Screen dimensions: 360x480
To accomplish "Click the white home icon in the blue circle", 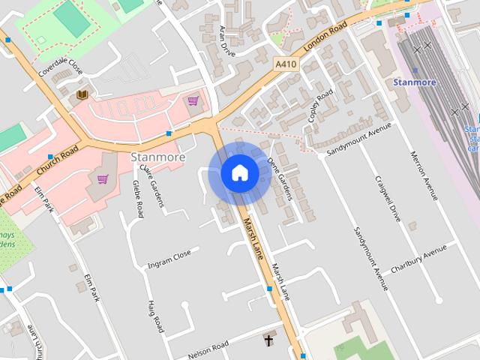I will click(240, 173).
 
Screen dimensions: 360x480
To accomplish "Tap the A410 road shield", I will click(286, 65).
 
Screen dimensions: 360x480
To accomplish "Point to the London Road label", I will click(325, 37).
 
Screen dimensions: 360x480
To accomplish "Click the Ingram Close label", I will click(169, 259).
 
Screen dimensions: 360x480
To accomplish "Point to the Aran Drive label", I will click(223, 40).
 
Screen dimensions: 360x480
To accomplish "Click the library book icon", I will click(82, 95).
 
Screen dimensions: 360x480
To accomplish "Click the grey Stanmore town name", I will click(157, 157).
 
